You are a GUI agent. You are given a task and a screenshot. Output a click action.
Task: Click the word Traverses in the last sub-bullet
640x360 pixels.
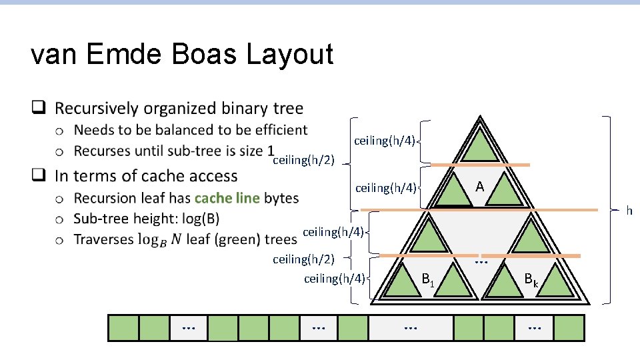tap(103, 239)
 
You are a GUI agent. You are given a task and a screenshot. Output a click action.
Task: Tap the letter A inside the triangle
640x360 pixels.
tap(479, 187)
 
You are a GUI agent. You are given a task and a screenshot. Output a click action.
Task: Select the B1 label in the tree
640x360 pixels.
tap(428, 280)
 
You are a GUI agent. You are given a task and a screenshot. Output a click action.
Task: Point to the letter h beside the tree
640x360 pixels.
tap(629, 211)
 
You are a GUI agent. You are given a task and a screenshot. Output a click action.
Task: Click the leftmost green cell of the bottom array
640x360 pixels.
tap(124, 328)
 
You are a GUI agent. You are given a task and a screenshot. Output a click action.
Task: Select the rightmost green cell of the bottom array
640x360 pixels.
tap(568, 328)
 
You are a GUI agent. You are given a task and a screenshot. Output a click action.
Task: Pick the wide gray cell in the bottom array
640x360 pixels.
tap(411, 328)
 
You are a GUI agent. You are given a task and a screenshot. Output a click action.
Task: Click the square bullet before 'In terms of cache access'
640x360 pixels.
tap(39, 176)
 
